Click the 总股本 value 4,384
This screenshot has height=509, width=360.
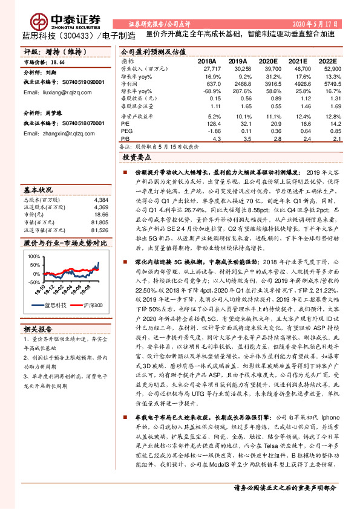101,199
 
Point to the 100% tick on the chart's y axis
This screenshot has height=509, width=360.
31,258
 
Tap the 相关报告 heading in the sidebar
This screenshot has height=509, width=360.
38,330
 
